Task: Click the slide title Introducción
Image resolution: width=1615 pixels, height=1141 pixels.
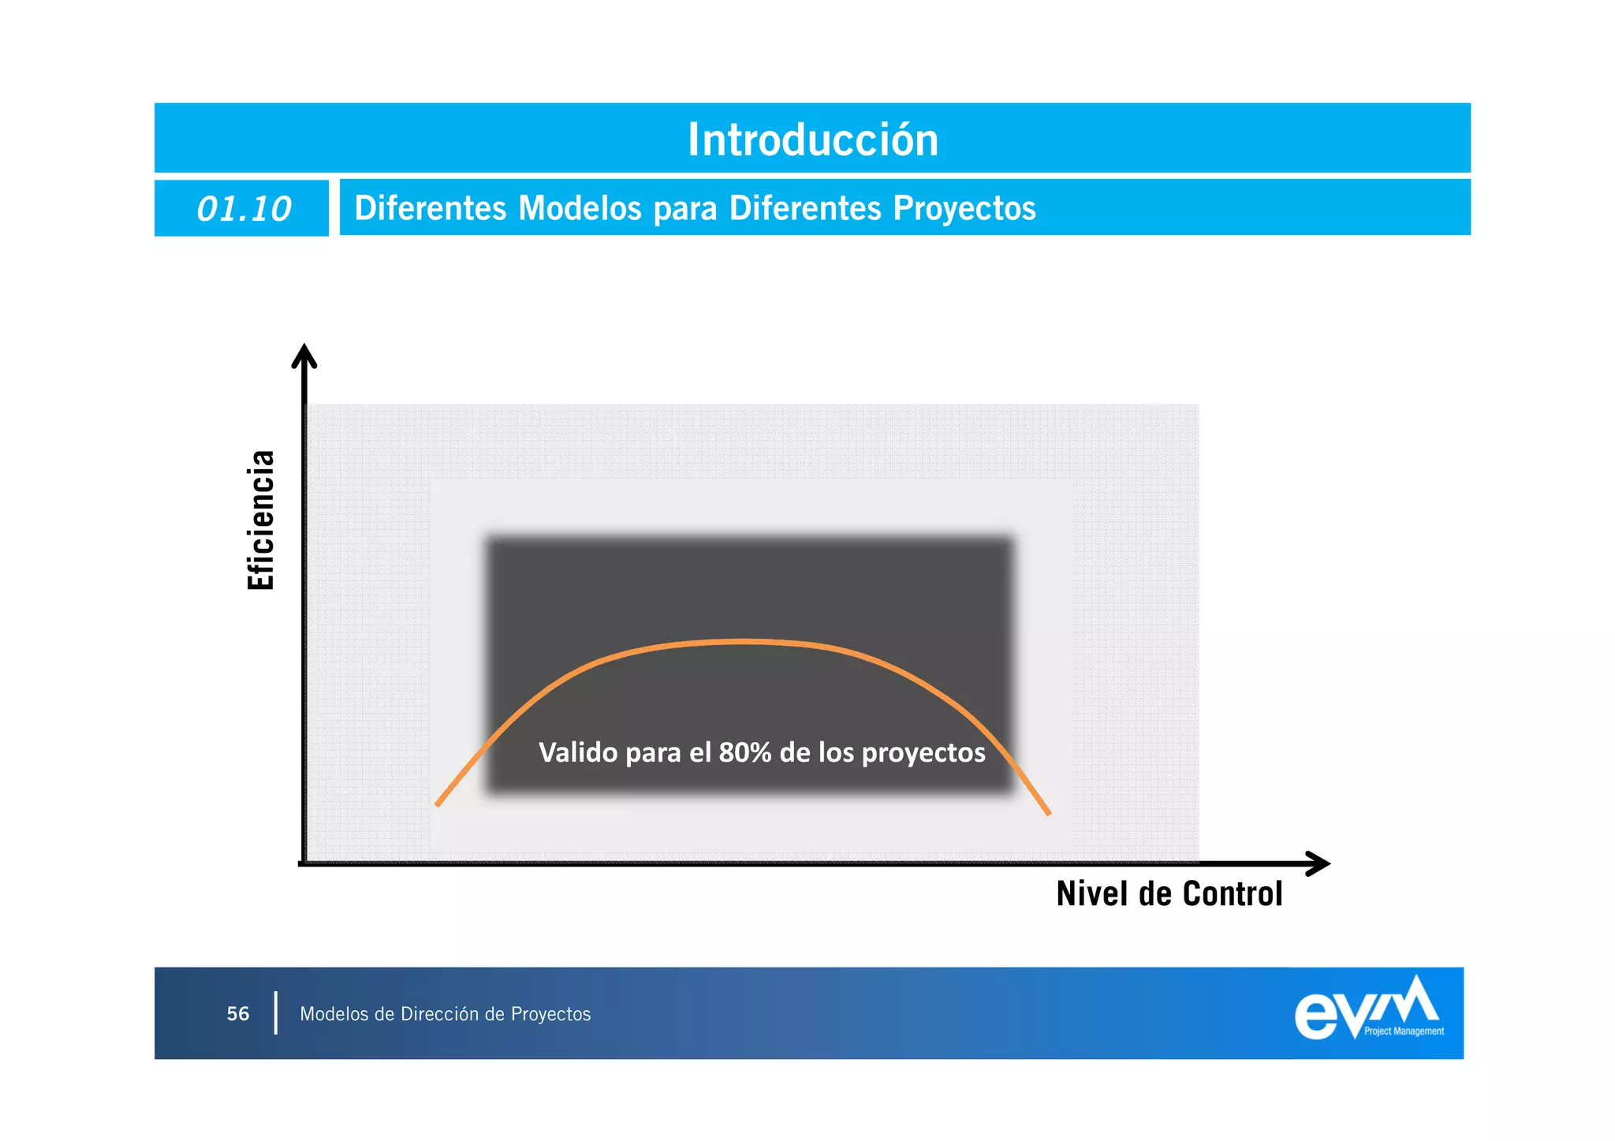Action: [x=813, y=140]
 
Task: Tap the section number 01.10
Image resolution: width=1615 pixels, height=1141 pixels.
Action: [x=244, y=209]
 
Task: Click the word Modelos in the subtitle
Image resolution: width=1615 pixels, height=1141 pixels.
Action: [x=580, y=208]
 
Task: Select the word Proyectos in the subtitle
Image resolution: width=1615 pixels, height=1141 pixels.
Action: [x=964, y=208]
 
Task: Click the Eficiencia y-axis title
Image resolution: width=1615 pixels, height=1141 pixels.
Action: [x=261, y=520]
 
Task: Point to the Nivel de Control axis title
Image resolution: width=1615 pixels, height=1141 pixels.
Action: [x=1169, y=893]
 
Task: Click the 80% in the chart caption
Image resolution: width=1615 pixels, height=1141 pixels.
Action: [x=745, y=753]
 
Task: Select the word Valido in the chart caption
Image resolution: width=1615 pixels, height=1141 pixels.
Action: [x=578, y=753]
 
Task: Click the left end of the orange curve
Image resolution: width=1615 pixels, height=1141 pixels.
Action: [x=438, y=804]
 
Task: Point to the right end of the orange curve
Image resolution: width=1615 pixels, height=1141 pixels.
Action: [x=1048, y=812]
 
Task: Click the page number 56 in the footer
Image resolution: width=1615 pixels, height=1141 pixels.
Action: [x=238, y=1014]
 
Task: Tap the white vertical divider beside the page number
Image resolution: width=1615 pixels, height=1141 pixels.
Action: [x=275, y=1013]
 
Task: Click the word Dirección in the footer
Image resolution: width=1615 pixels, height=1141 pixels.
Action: [x=440, y=1014]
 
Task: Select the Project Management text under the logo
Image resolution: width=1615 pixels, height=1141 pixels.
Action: [x=1404, y=1031]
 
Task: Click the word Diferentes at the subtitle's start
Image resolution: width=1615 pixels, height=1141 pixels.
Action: [x=431, y=208]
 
